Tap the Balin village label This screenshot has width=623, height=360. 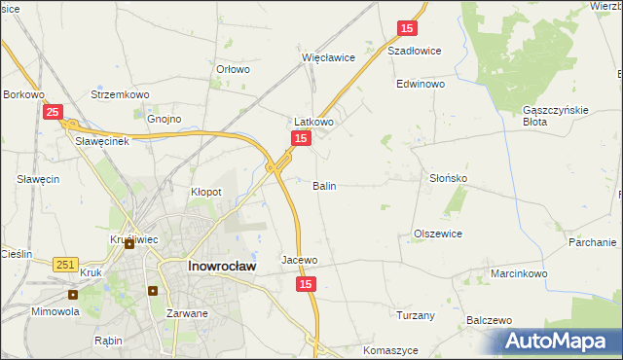tap(324, 185)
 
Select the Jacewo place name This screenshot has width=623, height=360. tap(299, 260)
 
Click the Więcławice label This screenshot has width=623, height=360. tap(328, 57)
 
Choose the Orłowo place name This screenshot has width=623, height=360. tap(233, 70)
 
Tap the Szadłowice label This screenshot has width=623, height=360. tap(415, 51)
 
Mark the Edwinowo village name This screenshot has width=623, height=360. tap(421, 85)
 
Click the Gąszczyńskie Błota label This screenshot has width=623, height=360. tap(557, 116)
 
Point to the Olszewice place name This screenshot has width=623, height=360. tap(438, 234)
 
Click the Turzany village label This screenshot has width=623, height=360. tap(416, 315)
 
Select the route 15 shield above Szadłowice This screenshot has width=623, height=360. tap(408, 29)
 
